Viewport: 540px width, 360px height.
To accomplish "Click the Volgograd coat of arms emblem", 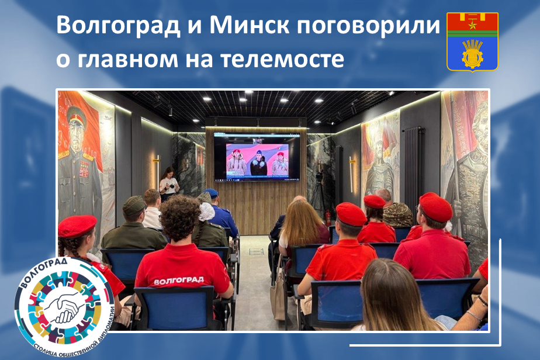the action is point(472,41).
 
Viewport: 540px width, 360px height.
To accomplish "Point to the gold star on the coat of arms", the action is point(471,24).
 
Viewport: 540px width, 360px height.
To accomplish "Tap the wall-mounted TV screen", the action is point(257,157).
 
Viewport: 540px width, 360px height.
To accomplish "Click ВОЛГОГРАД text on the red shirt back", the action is point(178,281).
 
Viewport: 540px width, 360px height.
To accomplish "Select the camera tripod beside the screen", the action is point(318,191).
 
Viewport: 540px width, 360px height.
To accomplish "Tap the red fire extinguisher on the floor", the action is point(328,218).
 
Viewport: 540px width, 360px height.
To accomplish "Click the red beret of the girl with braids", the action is point(77,226).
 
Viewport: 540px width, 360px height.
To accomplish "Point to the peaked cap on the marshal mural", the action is point(77,115).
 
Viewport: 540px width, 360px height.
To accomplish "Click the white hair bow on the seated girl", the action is point(206,211).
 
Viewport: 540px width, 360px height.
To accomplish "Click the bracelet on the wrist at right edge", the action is point(473,315).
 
